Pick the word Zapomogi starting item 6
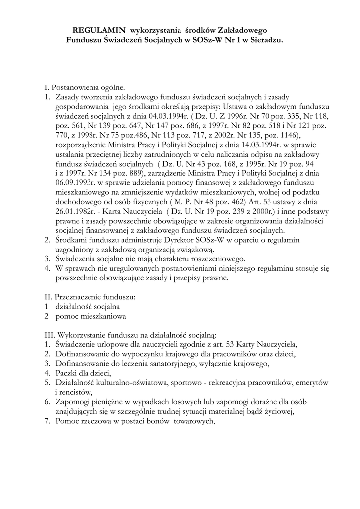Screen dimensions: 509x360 click(x=75, y=401)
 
